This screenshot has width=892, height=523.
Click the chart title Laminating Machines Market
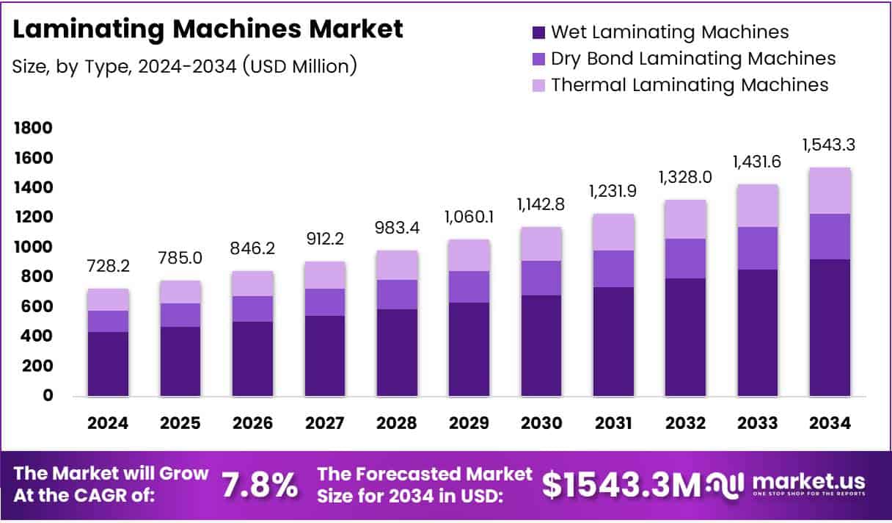[208, 29]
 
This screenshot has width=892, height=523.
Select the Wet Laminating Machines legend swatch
[539, 32]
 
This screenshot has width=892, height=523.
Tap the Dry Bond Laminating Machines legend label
[693, 58]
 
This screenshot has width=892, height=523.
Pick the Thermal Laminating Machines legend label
[690, 84]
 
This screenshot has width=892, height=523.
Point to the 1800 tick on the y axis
[32, 129]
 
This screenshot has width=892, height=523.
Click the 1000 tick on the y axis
[32, 248]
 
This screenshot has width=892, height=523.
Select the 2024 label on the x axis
[108, 424]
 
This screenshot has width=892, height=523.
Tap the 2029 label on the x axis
[469, 424]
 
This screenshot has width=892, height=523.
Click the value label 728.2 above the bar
[108, 266]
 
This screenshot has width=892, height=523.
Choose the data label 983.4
[398, 227]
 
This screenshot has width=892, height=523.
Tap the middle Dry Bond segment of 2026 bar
[253, 309]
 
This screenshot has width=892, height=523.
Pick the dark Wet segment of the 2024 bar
[108, 364]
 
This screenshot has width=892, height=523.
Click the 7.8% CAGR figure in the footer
[259, 486]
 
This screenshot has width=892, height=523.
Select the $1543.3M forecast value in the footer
[621, 486]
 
